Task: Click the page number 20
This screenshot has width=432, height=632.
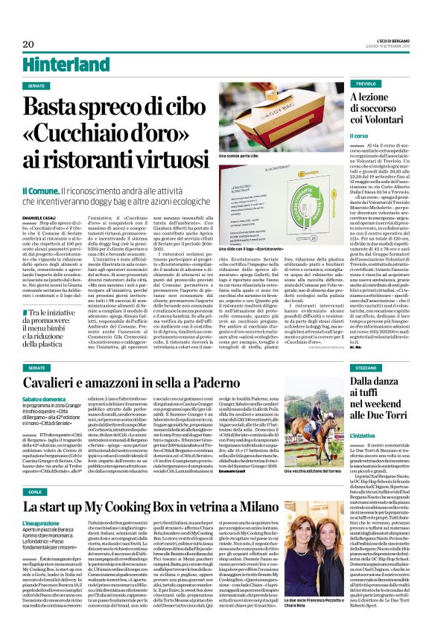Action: [x=28, y=44]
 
